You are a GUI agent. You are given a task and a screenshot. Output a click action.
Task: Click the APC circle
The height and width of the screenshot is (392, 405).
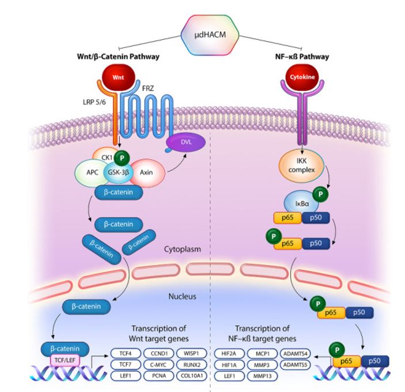(x=93, y=171)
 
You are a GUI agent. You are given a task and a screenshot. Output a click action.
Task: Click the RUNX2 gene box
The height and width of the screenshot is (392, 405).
(x=190, y=364)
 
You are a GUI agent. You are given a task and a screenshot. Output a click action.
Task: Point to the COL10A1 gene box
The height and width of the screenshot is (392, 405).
(x=190, y=376)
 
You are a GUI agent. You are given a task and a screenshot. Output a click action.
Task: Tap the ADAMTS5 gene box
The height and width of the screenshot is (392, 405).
(x=297, y=364)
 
